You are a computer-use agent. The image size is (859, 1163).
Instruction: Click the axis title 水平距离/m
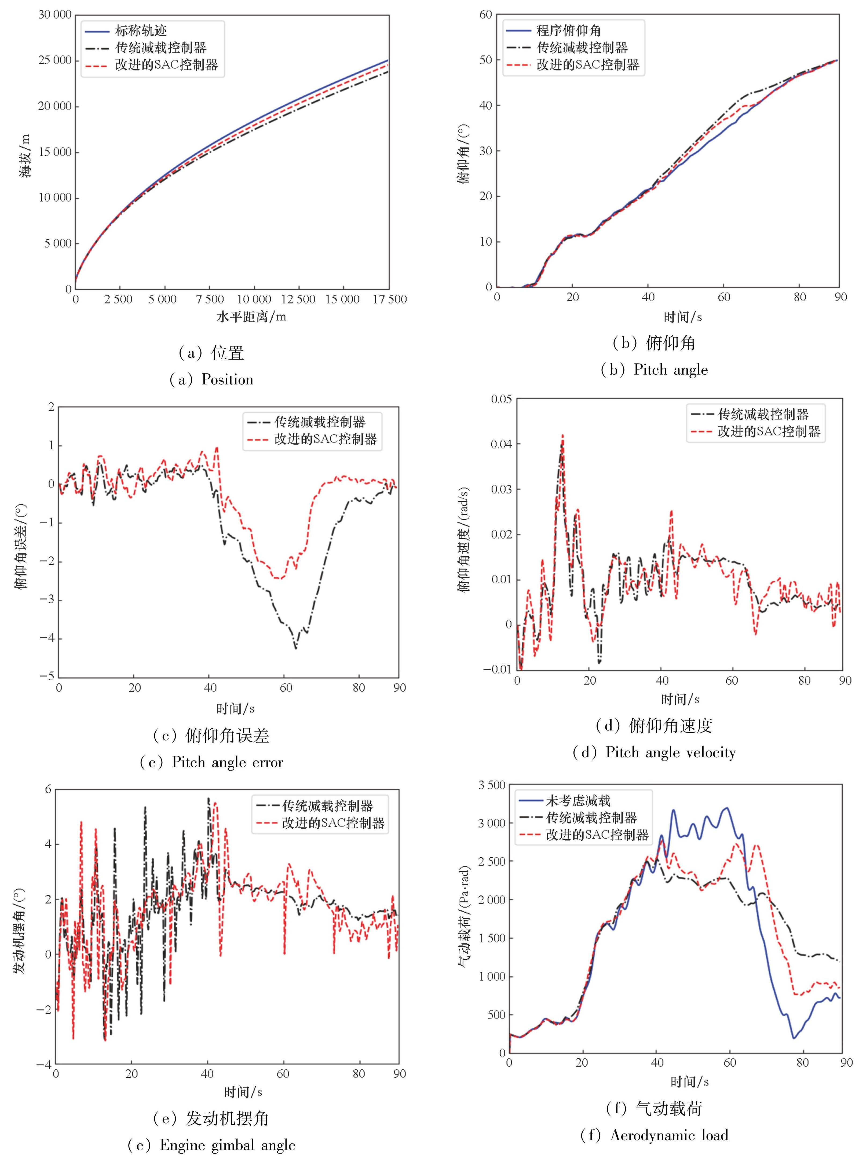pos(251,317)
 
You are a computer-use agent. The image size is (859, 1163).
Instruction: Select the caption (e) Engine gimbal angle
pos(212,1145)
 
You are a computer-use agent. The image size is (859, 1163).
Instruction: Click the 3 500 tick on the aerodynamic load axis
pos(491,785)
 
